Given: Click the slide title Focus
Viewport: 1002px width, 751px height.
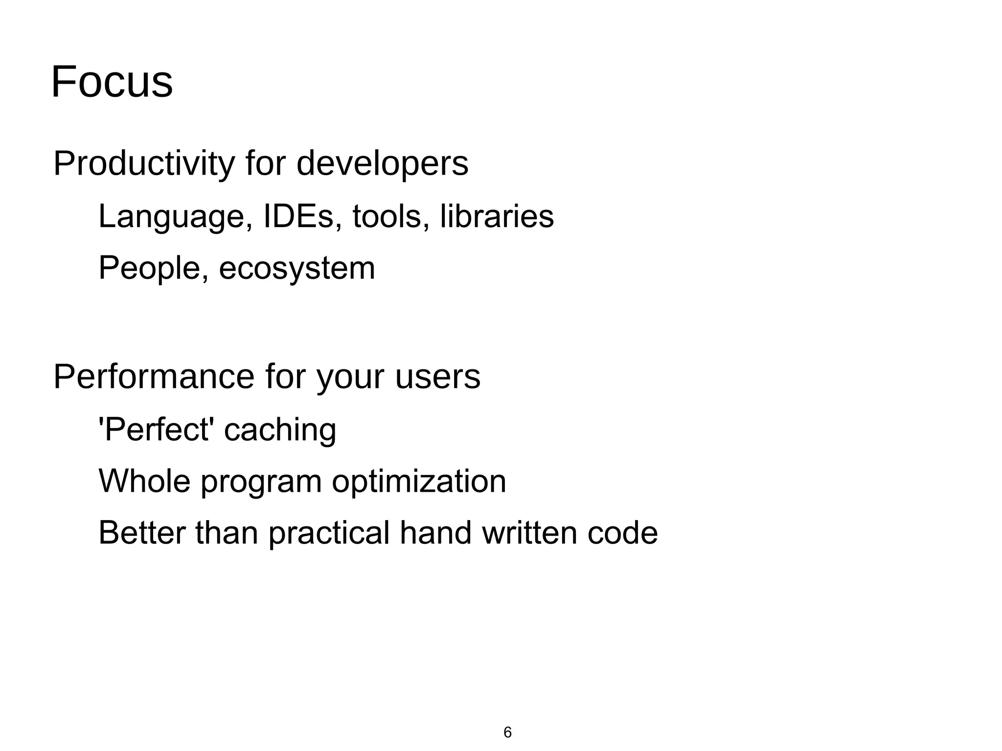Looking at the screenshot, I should pos(112,82).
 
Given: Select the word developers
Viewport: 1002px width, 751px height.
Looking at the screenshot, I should pos(382,164).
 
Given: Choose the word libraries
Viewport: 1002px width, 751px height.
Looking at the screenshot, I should pos(497,216).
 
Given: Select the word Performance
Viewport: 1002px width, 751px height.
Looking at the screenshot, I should pos(154,377).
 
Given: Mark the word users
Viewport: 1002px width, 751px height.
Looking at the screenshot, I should pos(437,377).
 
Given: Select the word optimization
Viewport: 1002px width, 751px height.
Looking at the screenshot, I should pos(419,481).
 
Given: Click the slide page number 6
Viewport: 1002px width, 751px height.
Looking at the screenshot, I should pos(507,732).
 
